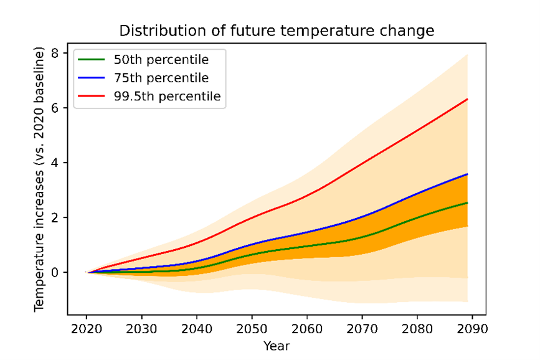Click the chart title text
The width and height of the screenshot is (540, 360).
click(277, 31)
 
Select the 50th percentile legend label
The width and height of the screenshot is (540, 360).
click(161, 60)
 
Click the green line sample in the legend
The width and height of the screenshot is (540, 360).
click(92, 60)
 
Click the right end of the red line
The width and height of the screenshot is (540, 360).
click(467, 99)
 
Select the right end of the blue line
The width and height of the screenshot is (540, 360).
click(467, 174)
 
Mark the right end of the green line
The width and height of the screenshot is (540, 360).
click(467, 203)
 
